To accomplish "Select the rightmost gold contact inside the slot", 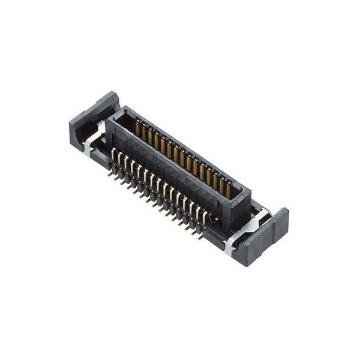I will coord(229,188).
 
